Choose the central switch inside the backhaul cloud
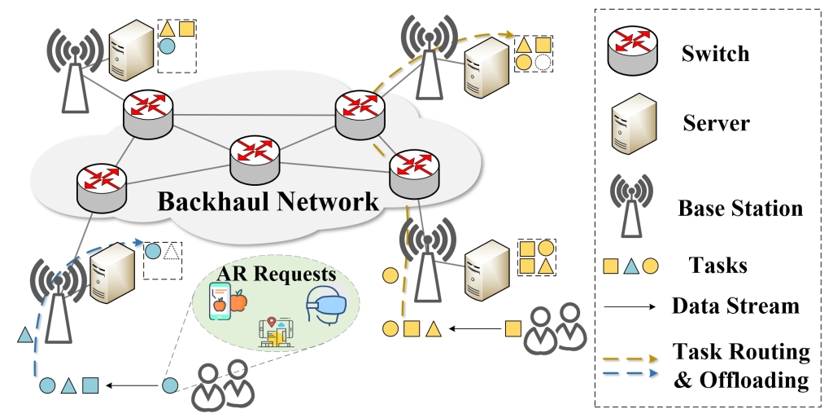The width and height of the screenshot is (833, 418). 254,158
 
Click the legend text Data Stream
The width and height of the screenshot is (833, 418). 735,306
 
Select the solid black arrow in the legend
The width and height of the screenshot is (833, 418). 631,307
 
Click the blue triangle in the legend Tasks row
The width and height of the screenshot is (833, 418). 630,265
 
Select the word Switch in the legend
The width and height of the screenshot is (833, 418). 715,55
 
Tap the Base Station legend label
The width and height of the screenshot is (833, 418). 740,208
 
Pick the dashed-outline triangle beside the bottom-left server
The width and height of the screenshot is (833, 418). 171,251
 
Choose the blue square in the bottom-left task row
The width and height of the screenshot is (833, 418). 90,384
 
